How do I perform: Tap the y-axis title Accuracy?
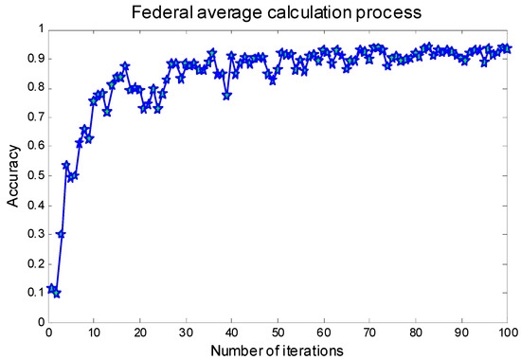pyautogui.click(x=13, y=176)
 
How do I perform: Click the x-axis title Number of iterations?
pyautogui.click(x=278, y=352)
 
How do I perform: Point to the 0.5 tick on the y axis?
pyautogui.click(x=32, y=176)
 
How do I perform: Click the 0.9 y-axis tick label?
pyautogui.click(x=32, y=59)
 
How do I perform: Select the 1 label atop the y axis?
pyautogui.click(x=39, y=29)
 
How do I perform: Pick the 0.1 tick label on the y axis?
pyautogui.click(x=32, y=293)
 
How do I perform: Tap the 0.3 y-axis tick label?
pyautogui.click(x=32, y=234)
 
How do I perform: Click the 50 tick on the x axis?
pyautogui.click(x=278, y=333)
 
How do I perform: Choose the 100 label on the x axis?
pyautogui.click(x=506, y=333)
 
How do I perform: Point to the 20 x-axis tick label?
pyautogui.click(x=140, y=333)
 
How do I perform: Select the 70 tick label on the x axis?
pyautogui.click(x=369, y=333)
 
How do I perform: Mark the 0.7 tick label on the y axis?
pyautogui.click(x=32, y=117)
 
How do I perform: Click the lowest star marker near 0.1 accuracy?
pyautogui.click(x=57, y=293)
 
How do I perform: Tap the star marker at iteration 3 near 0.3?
pyautogui.click(x=62, y=234)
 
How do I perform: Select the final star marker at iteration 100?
pyautogui.click(x=507, y=48)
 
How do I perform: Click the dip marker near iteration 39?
pyautogui.click(x=226, y=96)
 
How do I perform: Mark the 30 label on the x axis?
pyautogui.click(x=186, y=333)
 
